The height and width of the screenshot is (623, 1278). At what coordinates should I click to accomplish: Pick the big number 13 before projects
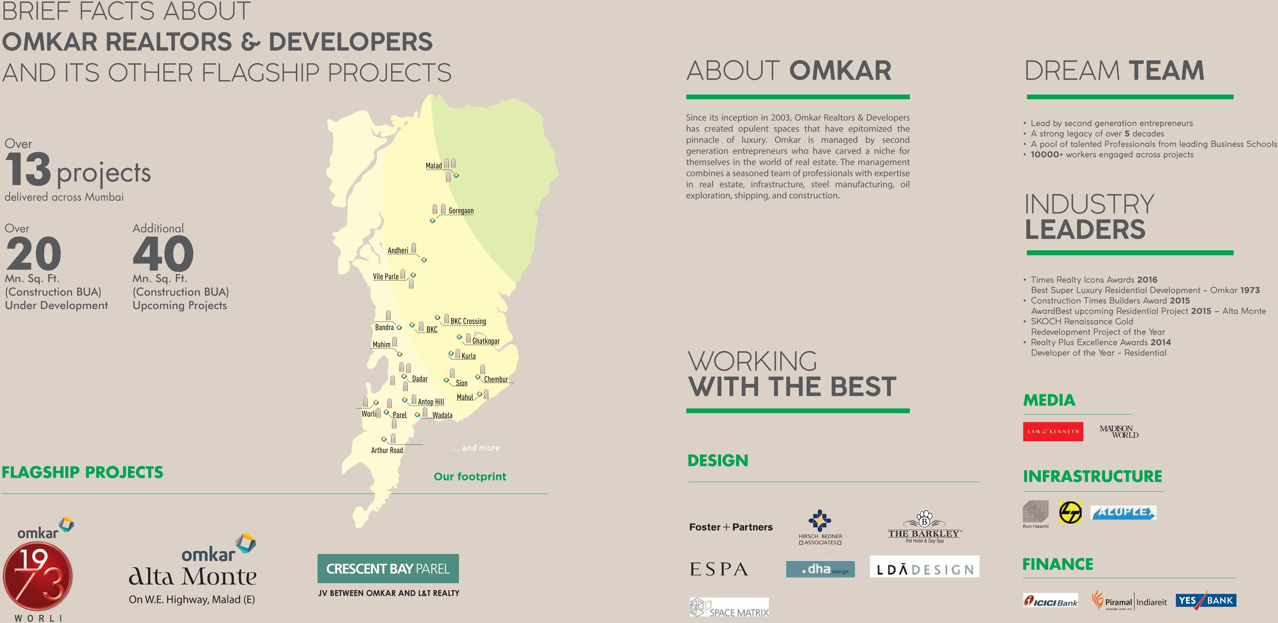[28, 170]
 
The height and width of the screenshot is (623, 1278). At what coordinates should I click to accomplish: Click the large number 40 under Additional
[163, 254]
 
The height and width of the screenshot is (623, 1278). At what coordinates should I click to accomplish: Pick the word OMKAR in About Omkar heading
[840, 71]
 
